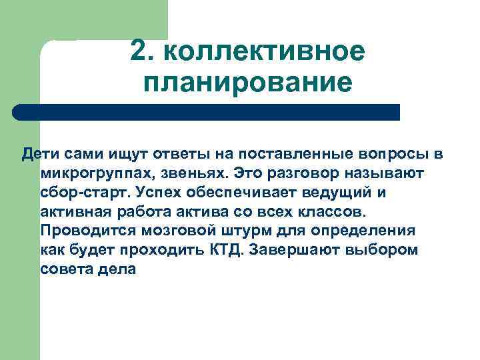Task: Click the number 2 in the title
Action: point(139,51)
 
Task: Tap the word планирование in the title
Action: point(247,83)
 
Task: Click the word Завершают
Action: point(308,251)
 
